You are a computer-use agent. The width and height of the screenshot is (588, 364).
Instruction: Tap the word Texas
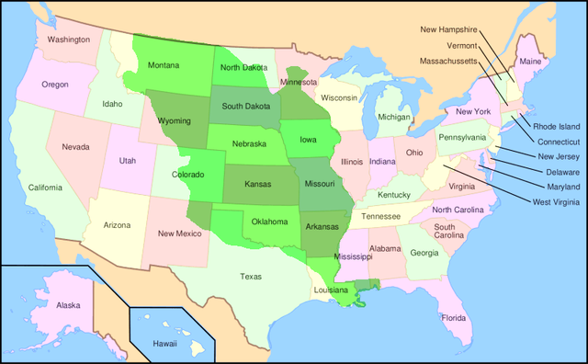250,276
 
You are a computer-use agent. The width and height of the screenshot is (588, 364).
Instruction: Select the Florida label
454,318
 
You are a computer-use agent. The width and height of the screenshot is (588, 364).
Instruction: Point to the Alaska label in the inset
68,304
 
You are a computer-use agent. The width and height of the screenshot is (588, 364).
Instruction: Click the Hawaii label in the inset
164,343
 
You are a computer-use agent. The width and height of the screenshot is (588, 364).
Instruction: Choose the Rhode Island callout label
557,126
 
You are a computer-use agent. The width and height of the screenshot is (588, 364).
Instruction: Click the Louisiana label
331,290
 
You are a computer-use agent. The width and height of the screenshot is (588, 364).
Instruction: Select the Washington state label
69,40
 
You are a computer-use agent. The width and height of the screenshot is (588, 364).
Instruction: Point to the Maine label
530,62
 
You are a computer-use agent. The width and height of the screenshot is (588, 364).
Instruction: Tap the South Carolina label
449,231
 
